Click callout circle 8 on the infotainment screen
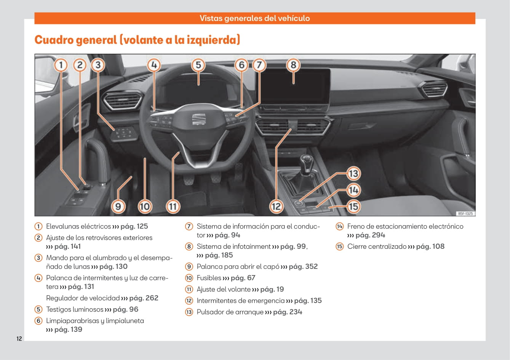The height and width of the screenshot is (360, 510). click(293, 65)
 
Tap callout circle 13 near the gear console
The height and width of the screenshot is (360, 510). click(353, 174)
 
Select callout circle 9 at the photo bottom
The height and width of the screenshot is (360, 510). click(118, 206)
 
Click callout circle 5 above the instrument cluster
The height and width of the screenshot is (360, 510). click(198, 65)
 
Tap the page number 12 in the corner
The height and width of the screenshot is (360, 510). click(19, 339)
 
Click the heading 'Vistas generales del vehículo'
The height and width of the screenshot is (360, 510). click(254, 18)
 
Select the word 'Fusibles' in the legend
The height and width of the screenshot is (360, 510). click(209, 278)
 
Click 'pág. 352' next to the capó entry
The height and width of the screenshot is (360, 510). click(303, 266)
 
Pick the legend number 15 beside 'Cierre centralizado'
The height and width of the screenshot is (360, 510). click(339, 246)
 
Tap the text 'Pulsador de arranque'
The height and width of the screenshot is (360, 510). click(230, 312)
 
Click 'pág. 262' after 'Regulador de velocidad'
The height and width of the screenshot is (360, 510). click(144, 298)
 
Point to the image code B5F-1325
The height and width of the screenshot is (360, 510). click(465, 214)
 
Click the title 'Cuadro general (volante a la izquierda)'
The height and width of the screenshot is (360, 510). click(137, 40)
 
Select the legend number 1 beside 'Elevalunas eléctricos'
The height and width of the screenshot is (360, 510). click(38, 226)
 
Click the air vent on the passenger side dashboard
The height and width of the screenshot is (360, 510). click(433, 90)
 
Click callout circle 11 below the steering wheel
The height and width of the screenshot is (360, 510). click(173, 206)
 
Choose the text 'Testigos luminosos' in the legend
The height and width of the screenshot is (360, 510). click(75, 309)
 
